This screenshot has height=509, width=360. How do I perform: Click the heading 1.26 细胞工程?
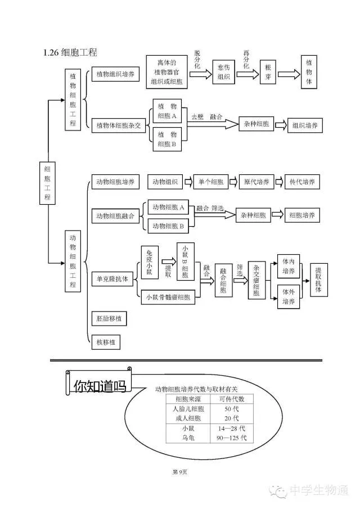pos(70,52)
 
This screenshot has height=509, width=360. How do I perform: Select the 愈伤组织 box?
pos(223,72)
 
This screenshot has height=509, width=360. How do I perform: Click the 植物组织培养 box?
pos(115,74)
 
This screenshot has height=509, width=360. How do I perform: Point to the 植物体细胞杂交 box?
pos(119,125)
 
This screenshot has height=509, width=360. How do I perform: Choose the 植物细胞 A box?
pos(167,111)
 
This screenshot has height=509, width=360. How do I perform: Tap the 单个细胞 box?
pos(211,182)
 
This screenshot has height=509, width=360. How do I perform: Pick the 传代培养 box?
pos(302,182)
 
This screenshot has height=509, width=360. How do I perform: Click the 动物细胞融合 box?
pos(115,216)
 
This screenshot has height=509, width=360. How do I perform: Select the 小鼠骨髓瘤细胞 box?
pos(168,297)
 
